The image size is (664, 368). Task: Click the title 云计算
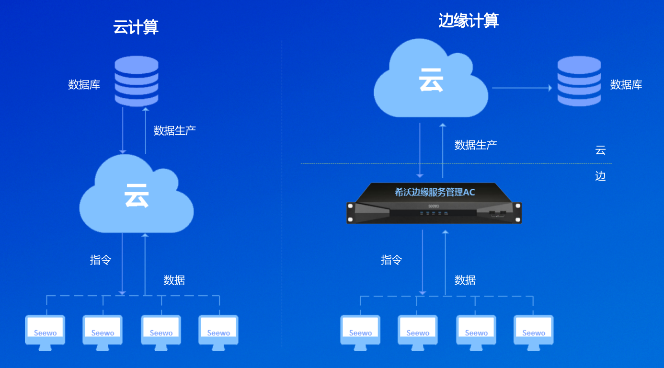coord(136,27)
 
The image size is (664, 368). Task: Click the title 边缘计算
coord(468,21)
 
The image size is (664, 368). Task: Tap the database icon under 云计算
coord(137,81)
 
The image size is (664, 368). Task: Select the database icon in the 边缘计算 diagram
coord(579,81)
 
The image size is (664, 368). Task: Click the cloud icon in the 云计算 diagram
coord(137,196)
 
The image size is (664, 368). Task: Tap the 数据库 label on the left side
coord(84,85)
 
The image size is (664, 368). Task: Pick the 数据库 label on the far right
coord(626,85)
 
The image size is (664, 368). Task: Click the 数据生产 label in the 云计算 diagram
coord(174,130)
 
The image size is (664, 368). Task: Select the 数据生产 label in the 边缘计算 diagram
coord(475,145)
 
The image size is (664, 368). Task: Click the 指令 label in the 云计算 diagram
coord(101,260)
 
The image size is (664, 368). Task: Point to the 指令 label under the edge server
coord(391,260)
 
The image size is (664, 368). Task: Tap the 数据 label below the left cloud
coord(174,280)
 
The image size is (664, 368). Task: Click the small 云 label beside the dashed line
coord(600,150)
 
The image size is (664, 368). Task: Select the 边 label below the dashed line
coord(600,176)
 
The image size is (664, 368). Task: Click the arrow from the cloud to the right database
coord(522,88)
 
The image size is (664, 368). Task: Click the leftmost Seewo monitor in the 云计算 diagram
coord(45,331)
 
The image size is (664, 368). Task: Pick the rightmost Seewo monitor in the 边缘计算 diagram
coord(534,331)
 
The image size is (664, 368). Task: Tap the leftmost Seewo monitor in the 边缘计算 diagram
coord(360,331)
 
